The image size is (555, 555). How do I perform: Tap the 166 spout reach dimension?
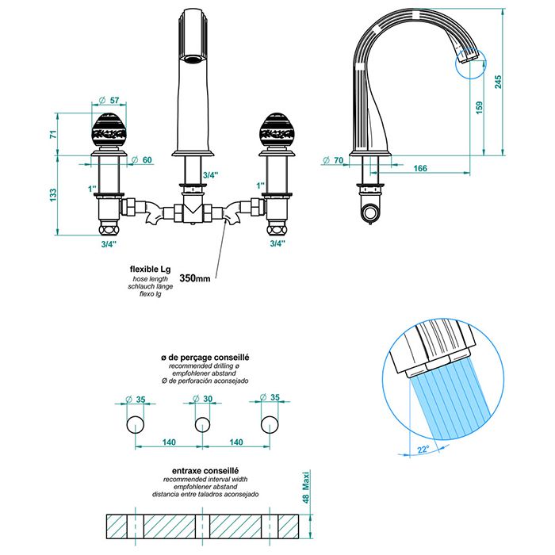[x=420, y=169]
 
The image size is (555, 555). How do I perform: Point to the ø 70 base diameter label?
[x=334, y=161]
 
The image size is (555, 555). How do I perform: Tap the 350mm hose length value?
[x=194, y=278]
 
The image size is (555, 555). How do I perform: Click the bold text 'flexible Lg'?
[x=150, y=269]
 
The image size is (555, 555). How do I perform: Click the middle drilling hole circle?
[x=202, y=423]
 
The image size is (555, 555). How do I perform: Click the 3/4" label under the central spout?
[x=210, y=174]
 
